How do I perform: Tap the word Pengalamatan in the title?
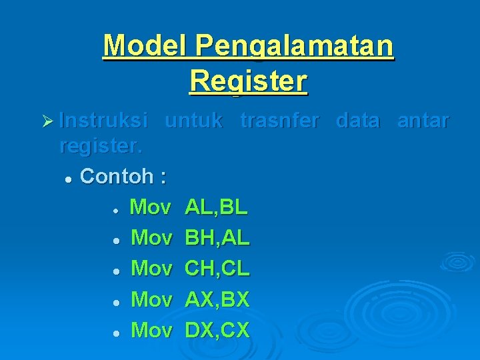(294, 47)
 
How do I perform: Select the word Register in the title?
(248, 81)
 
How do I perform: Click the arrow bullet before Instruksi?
(46, 121)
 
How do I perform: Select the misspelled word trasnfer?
(279, 121)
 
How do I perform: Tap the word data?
(358, 121)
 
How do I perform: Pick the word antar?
(423, 121)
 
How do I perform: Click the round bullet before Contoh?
(68, 179)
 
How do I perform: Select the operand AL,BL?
(216, 207)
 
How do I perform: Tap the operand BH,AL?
(217, 238)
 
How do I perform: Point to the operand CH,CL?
(217, 269)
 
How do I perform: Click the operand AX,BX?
(217, 299)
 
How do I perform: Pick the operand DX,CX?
(217, 330)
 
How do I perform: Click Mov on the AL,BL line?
(150, 207)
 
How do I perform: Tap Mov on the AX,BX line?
(151, 299)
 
